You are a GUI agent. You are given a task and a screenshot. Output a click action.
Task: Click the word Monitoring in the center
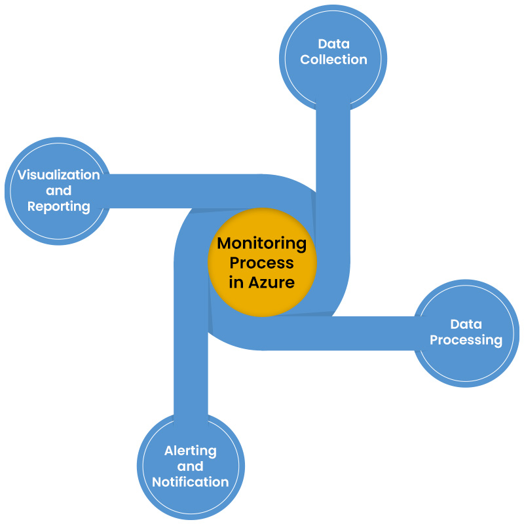coord(262,243)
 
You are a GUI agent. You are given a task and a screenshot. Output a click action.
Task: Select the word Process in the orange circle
coord(262,263)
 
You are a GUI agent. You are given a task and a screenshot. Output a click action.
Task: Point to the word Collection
coord(333,60)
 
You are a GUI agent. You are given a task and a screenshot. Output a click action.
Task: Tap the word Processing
coord(466,340)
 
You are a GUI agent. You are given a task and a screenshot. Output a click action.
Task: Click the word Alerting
coord(191,451)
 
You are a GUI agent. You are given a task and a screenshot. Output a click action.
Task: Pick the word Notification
coord(191,482)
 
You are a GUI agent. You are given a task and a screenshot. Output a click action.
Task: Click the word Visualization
coord(58,175)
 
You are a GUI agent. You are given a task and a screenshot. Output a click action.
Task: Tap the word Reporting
coord(58,206)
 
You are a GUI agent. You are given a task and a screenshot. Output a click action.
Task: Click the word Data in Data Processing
coord(466,324)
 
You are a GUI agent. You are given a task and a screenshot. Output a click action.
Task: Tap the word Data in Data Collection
coord(333,44)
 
